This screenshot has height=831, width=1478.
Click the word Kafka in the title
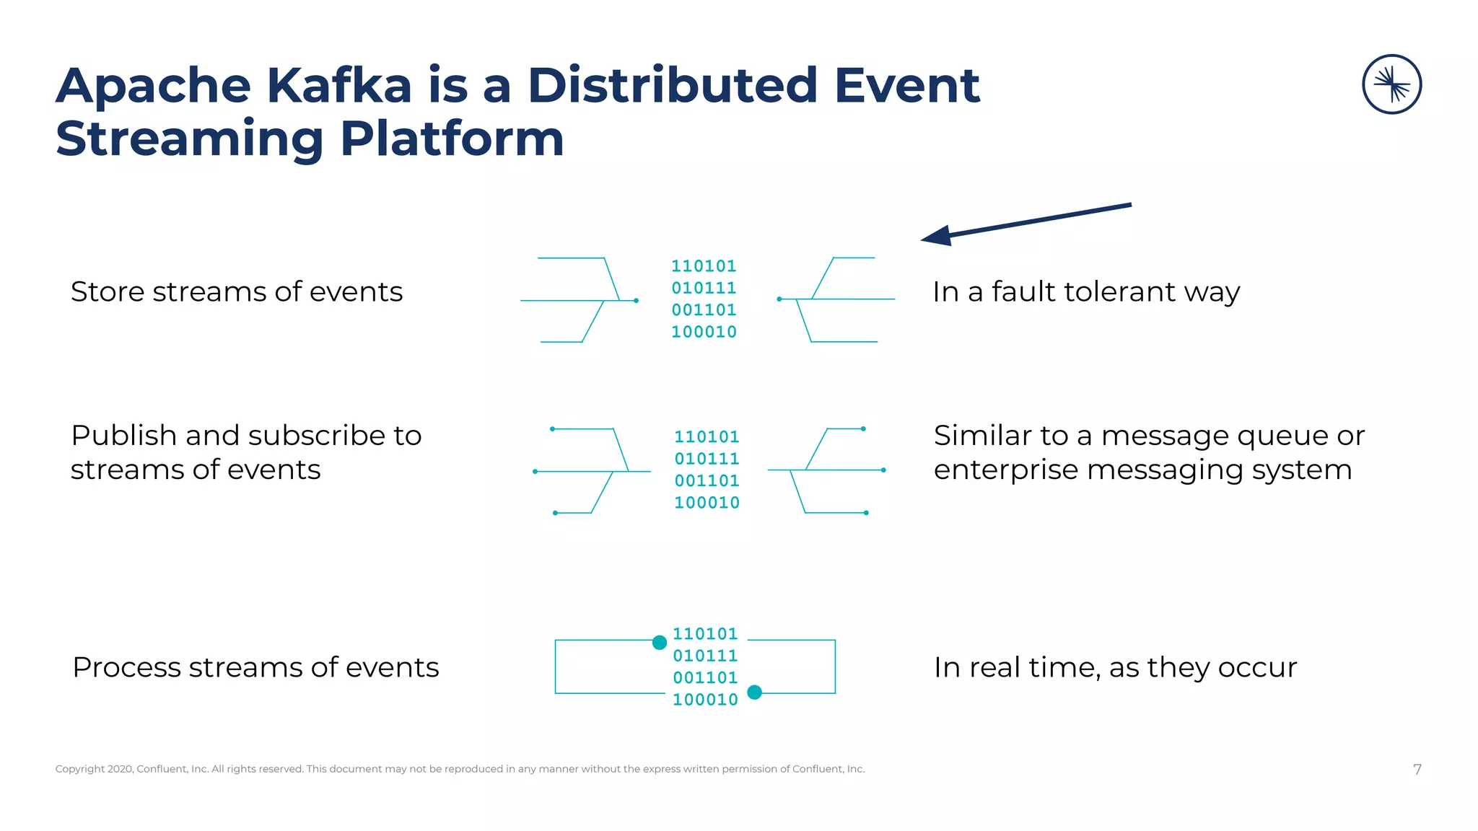(339, 86)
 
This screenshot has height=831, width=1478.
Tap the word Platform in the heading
(452, 138)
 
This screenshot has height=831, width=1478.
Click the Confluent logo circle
(1391, 84)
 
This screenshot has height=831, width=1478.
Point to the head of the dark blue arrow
(935, 236)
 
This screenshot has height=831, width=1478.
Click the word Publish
(123, 436)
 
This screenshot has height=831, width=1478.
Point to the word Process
(126, 667)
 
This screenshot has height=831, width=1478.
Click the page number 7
(1417, 769)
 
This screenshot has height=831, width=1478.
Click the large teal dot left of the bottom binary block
(659, 642)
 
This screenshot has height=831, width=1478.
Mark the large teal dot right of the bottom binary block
(754, 692)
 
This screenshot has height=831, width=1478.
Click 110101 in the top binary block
(704, 266)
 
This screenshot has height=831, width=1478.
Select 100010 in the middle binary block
(707, 503)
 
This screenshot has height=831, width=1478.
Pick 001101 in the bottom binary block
(705, 678)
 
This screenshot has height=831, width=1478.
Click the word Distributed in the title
(672, 86)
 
